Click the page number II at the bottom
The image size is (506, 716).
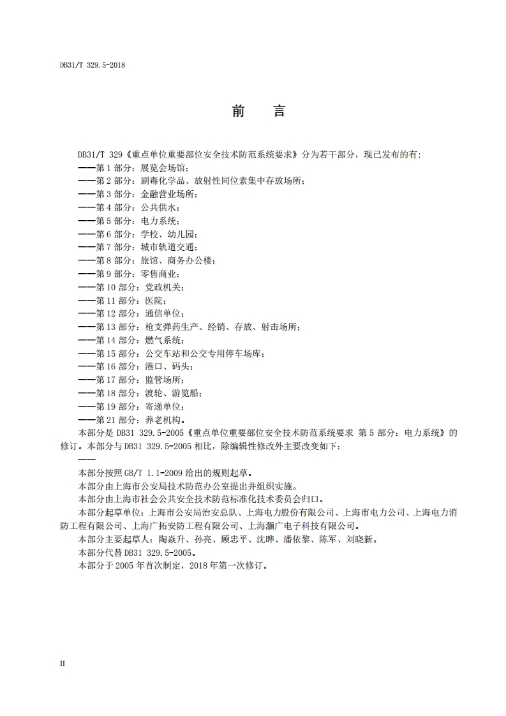click(x=63, y=664)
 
